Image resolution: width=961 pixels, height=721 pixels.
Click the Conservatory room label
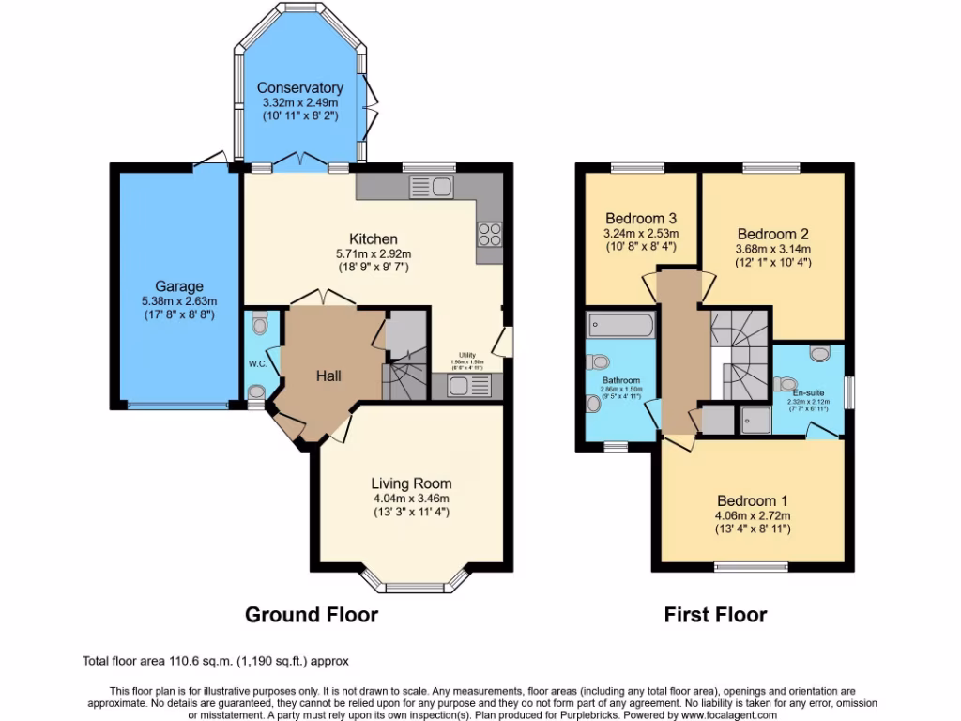[299, 88]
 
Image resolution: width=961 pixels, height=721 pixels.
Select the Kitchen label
[374, 238]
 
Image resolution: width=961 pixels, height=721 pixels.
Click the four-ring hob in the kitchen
[490, 234]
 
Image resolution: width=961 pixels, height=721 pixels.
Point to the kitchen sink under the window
[431, 186]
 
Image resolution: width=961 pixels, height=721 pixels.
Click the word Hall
[328, 376]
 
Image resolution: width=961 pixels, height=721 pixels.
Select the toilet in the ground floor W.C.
[260, 324]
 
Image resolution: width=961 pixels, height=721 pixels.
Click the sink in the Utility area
[464, 386]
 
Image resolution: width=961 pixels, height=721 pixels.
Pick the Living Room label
[411, 483]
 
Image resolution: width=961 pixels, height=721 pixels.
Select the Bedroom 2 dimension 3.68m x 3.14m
[772, 249]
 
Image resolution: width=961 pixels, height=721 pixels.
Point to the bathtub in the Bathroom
[619, 326]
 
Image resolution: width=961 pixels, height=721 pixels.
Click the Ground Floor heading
[312, 615]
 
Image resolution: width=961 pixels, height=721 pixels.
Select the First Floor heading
[715, 615]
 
